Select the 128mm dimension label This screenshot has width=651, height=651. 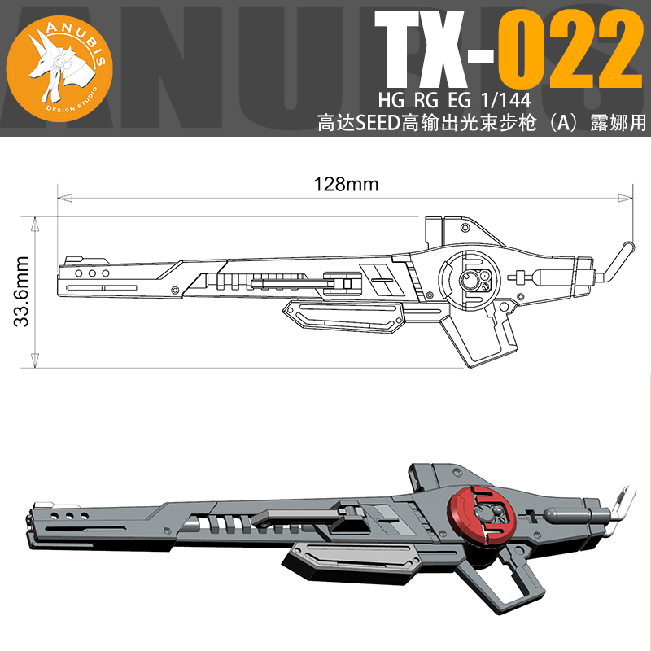pos(347,184)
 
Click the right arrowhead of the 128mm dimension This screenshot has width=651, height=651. pos(627,196)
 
